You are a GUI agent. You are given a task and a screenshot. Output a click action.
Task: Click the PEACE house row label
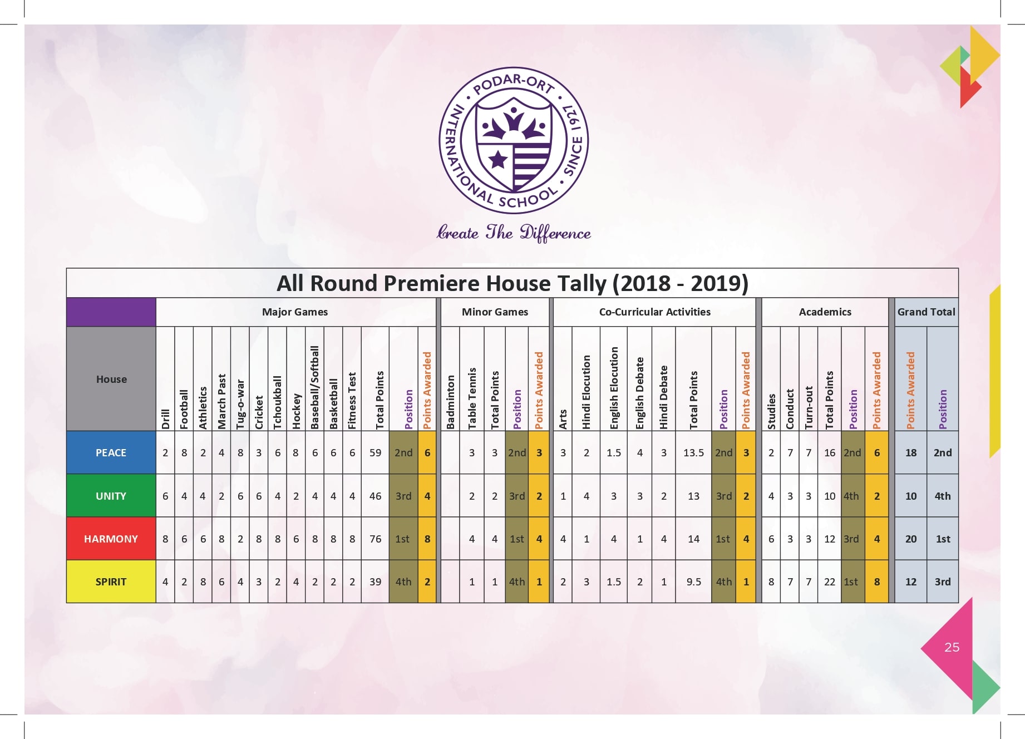pos(111,452)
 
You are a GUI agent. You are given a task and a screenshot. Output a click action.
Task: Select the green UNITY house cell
pos(111,496)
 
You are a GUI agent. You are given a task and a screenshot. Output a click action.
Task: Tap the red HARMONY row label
pos(111,539)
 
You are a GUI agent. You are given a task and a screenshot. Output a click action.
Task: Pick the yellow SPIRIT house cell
pos(111,582)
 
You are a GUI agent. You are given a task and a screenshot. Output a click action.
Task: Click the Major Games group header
pos(295,312)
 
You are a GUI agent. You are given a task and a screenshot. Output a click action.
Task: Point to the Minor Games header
pos(495,312)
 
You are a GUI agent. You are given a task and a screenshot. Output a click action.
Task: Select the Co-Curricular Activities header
pos(654,312)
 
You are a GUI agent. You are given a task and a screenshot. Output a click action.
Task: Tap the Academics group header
pos(825,312)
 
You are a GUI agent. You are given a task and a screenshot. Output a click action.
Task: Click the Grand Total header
pos(926,312)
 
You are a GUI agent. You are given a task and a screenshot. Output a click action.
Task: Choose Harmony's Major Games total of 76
pos(376,539)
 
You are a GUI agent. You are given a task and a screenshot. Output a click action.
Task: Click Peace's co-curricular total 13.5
pos(693,452)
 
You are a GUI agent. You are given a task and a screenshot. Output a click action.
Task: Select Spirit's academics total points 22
pos(830,582)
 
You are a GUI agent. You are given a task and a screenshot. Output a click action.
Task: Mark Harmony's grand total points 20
pos(911,539)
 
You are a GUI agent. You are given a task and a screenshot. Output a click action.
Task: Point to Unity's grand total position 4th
pos(943,496)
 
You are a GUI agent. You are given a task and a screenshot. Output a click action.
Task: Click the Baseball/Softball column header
pos(315,387)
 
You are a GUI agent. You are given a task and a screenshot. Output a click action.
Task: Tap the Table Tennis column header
pos(472,398)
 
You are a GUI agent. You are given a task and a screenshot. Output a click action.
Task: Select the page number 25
pos(952,647)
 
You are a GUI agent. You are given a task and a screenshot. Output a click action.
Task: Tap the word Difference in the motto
pos(555,233)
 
